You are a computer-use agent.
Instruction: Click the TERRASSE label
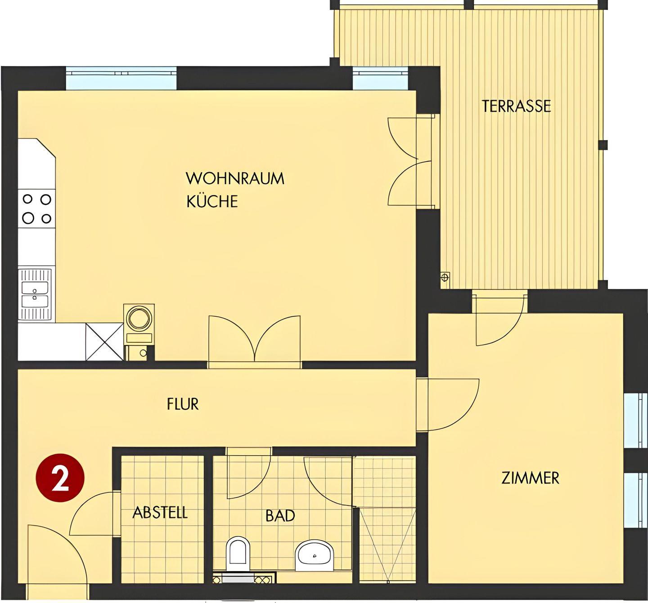click(516, 106)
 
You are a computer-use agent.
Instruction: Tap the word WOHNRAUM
click(235, 178)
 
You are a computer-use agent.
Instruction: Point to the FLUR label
click(183, 404)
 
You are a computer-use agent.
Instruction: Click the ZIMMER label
click(530, 478)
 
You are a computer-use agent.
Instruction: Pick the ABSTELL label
click(160, 512)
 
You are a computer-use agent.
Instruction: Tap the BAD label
click(280, 516)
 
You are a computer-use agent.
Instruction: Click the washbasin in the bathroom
click(315, 555)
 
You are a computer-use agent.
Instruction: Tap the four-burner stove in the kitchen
click(36, 208)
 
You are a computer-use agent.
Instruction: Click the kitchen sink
click(35, 295)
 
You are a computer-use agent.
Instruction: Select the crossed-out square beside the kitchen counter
click(104, 342)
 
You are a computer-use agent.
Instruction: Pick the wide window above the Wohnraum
click(121, 79)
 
